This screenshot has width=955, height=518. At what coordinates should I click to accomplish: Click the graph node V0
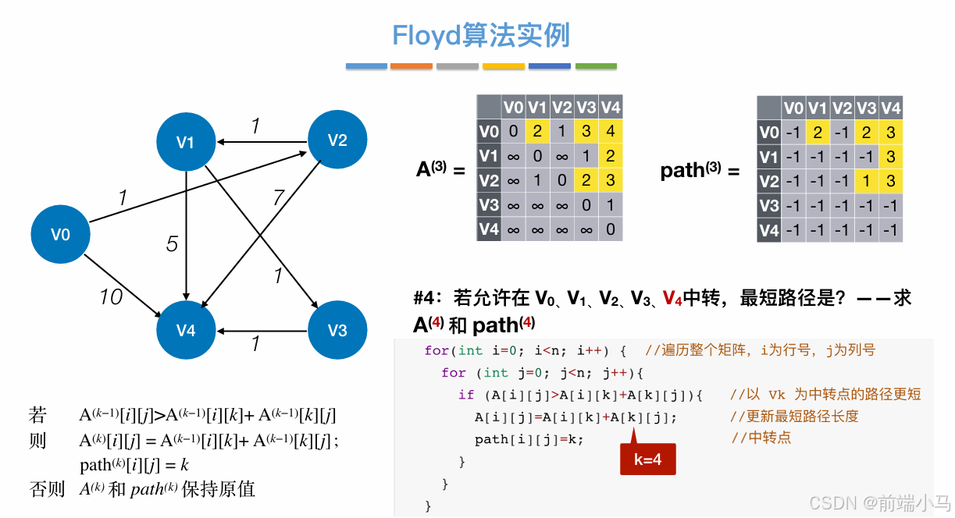60,234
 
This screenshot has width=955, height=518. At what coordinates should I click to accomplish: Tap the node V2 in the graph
337,140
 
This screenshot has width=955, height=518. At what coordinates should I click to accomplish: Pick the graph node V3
337,330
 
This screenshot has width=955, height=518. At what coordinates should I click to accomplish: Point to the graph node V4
186,331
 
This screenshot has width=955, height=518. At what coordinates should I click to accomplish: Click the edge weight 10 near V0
111,296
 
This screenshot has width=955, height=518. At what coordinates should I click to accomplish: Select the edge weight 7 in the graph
278,198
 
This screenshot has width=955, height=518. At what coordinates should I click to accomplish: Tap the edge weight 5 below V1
173,244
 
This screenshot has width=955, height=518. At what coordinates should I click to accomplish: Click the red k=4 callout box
647,459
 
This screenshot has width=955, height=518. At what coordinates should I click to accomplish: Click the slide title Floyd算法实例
481,35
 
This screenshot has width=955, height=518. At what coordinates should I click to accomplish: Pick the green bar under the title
596,66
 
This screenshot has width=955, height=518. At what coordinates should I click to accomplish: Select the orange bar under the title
411,66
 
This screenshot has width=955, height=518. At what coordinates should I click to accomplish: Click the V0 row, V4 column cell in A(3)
610,132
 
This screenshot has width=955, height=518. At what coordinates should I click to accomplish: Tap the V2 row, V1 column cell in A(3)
536,181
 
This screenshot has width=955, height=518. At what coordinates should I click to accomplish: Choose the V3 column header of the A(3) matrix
586,108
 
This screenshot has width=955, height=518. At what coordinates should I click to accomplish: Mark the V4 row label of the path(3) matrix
769,230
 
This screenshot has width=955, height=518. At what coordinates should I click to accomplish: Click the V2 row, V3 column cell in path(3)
866,181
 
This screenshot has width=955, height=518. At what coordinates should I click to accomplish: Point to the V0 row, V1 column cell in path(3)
818,132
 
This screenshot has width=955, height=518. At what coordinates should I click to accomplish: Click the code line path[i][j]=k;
529,439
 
